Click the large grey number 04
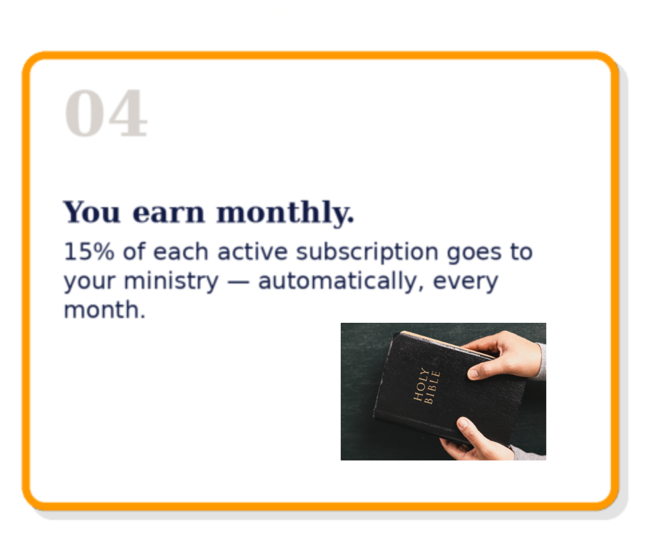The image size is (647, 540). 106,113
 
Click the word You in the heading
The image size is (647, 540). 92,212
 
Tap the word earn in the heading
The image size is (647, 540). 168,213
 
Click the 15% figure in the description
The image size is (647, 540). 89,252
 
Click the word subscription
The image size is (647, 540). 367,253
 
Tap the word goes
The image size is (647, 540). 474,254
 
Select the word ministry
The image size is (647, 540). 171,281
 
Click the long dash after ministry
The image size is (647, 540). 238,282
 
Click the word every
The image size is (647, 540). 465,283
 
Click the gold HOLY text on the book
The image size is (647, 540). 421,384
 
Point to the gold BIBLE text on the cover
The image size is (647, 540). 432,388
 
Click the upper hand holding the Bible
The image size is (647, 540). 505,355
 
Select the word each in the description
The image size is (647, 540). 180,252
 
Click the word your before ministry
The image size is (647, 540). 89,283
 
